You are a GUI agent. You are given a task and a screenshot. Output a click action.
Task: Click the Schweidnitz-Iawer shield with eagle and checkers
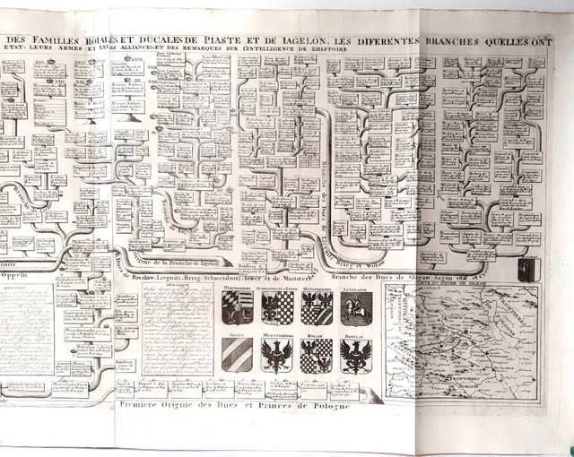[276, 308]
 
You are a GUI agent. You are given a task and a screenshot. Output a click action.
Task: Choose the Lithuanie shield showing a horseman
[357, 308]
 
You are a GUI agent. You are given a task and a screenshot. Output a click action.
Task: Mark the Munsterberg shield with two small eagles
[317, 308]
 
